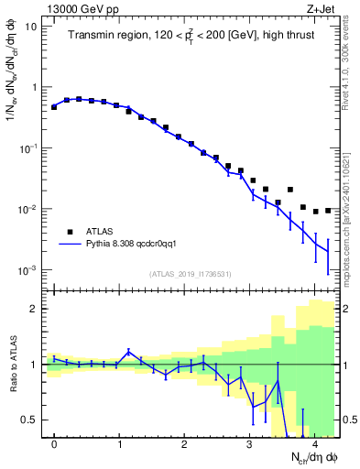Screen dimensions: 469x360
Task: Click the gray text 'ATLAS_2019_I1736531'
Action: point(191,274)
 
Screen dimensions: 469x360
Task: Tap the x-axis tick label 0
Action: point(54,445)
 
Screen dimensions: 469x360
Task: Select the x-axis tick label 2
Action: point(184,445)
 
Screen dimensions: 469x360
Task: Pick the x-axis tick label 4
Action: point(313,445)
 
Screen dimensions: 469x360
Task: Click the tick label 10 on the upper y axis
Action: point(30,26)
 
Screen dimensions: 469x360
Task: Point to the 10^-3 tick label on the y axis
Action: point(27,271)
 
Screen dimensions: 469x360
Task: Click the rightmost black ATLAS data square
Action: point(328,211)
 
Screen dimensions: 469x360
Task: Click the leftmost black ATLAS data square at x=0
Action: point(54,107)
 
